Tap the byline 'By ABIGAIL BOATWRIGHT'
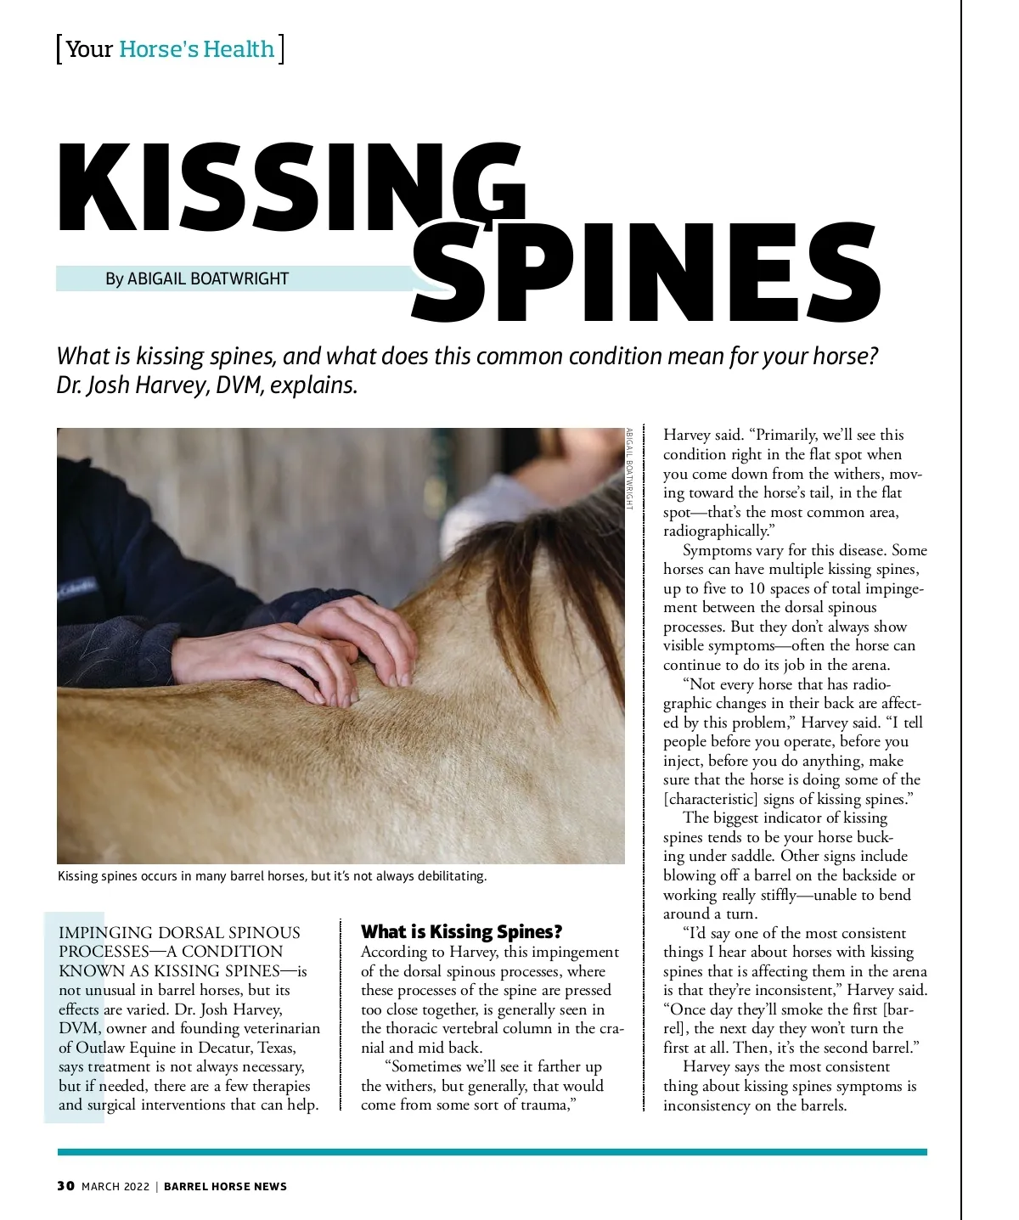tap(197, 279)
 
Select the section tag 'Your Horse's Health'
tap(170, 49)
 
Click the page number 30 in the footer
tap(65, 1186)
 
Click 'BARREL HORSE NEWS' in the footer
tap(225, 1186)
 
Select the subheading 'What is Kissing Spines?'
tap(462, 931)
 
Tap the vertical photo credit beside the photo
tap(629, 469)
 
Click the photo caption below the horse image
tap(272, 875)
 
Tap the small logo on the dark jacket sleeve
tap(76, 587)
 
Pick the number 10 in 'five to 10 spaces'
tap(757, 588)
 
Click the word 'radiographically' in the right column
tap(715, 531)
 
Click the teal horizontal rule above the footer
tap(493, 1152)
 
